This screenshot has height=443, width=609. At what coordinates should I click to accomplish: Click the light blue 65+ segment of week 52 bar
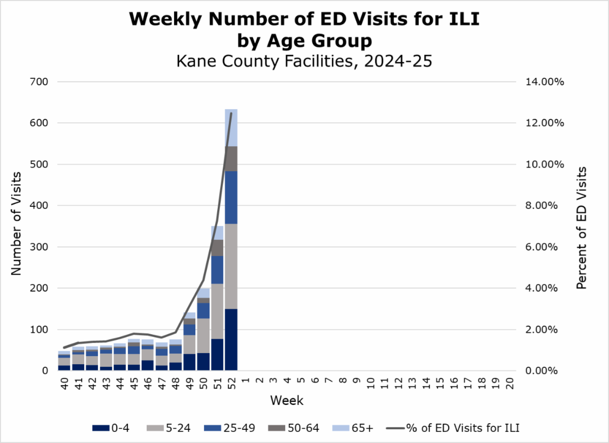231,127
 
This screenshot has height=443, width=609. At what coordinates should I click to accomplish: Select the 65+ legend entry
354,428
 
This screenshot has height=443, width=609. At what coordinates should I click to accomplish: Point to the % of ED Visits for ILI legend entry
453,428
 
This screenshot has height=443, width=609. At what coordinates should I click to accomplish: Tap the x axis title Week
287,400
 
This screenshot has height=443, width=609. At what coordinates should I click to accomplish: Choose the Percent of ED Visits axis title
582,228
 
